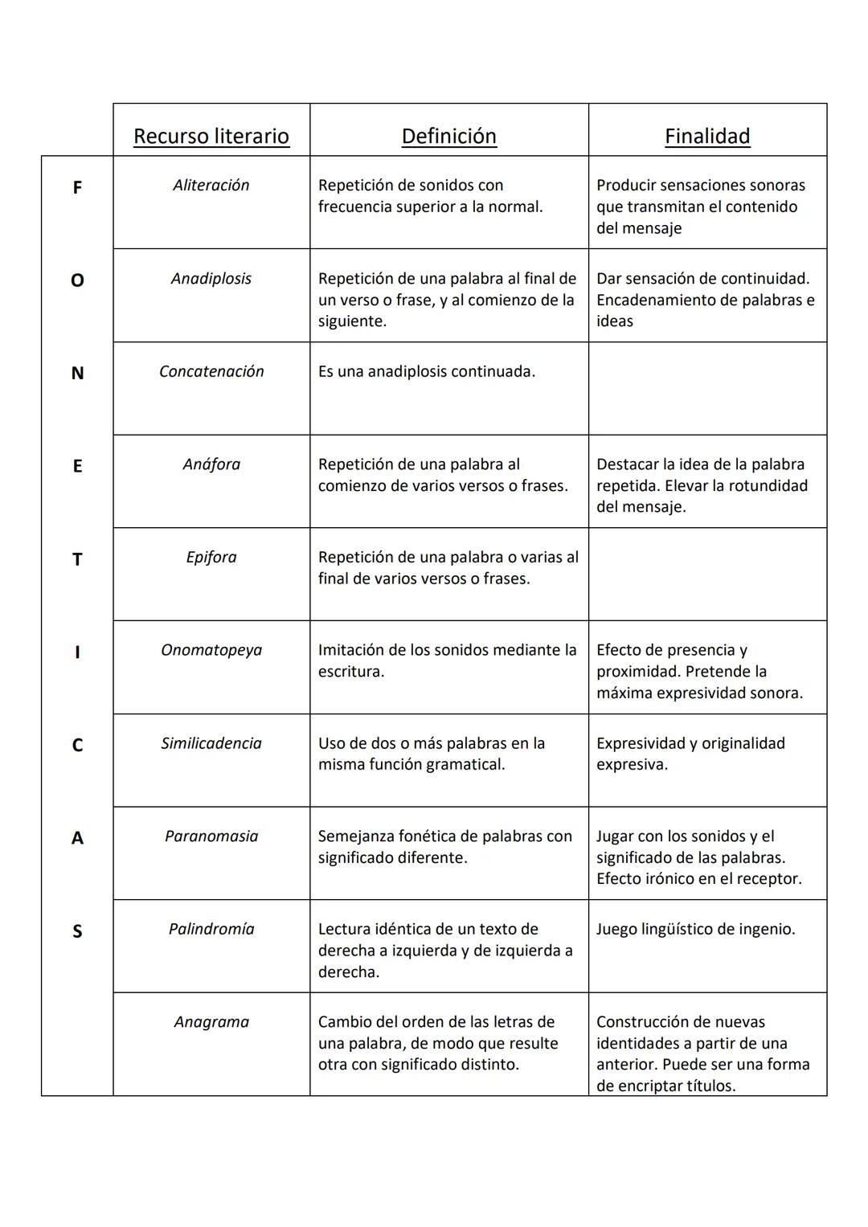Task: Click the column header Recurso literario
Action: [x=211, y=136]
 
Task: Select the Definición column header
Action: [x=448, y=136]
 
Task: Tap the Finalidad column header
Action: [x=707, y=136]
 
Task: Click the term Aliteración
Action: [x=211, y=185]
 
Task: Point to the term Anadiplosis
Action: [x=211, y=278]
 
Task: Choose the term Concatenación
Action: [x=211, y=371]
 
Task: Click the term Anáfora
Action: [x=211, y=464]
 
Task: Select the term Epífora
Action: [x=211, y=557]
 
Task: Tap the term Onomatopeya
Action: [x=211, y=650]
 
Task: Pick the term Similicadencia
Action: [x=211, y=743]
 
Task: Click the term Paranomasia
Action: [x=211, y=836]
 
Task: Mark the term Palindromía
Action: [x=211, y=929]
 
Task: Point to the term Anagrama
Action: [x=211, y=1022]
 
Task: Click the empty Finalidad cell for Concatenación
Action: [x=707, y=389]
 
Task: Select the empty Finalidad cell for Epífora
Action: [x=707, y=575]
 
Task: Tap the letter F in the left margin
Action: [x=77, y=188]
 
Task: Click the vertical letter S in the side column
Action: [x=77, y=931]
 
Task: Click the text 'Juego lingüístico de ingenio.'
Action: [x=695, y=930]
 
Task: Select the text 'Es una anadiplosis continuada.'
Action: [x=426, y=371]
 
